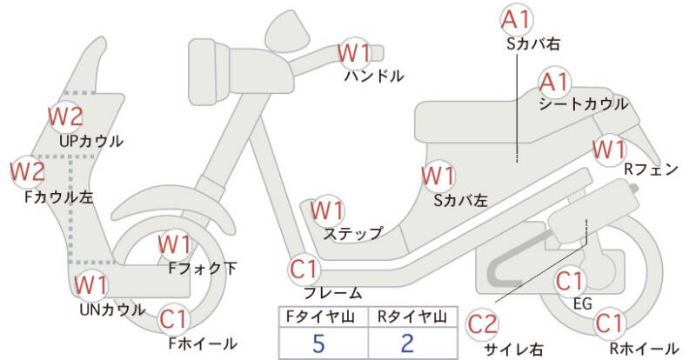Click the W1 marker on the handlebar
[x=354, y=53]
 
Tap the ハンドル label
[x=374, y=76]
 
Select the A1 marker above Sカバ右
[x=516, y=20]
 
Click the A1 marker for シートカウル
[x=554, y=83]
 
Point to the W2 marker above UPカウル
[x=66, y=117]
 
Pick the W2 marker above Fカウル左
[x=28, y=172]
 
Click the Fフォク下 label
[x=203, y=268]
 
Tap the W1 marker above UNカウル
[x=90, y=285]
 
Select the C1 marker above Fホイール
[x=175, y=320]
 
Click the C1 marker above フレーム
[x=304, y=269]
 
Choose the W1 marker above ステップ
[x=327, y=210]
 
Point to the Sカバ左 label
[x=461, y=201]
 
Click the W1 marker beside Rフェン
[x=609, y=150]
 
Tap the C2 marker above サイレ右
[x=483, y=324]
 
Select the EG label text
[x=583, y=304]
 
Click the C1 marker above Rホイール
[x=609, y=323]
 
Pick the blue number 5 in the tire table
[x=318, y=343]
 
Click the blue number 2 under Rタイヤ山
[x=407, y=343]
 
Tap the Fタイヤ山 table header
[x=320, y=317]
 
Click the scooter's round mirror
[x=289, y=31]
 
